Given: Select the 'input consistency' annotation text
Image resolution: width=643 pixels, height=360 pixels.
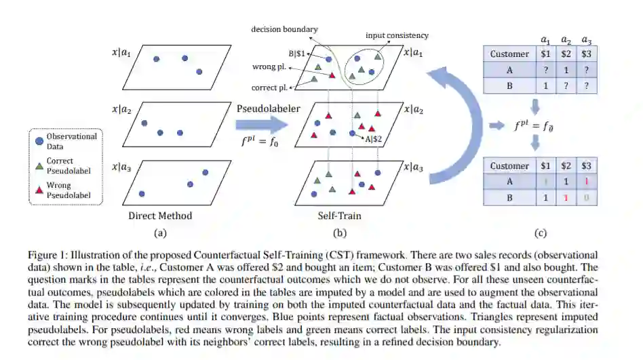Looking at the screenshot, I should [397, 35].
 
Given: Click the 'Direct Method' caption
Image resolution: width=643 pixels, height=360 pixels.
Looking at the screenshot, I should [160, 216].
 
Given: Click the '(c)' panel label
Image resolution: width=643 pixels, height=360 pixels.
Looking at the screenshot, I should [540, 234].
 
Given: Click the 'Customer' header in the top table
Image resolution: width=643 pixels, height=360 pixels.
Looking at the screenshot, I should [509, 53].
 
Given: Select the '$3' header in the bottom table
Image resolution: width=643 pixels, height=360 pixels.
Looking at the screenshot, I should [587, 166].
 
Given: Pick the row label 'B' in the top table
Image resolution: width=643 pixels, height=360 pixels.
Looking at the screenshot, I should [509, 86].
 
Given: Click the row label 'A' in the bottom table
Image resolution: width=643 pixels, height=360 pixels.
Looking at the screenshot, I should [509, 182].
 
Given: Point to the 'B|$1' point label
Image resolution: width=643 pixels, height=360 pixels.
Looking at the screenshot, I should [297, 52].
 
